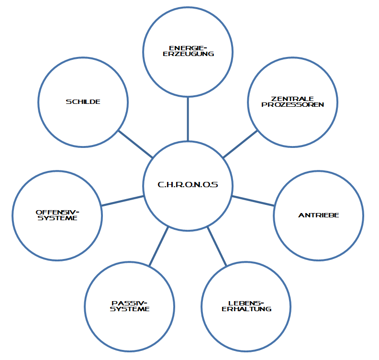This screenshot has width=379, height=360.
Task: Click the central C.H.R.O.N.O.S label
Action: tap(188, 184)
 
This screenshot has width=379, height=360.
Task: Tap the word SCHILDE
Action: tap(83, 101)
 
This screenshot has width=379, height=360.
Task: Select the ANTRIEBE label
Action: tap(318, 215)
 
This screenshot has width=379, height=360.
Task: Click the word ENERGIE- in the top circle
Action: tap(188, 48)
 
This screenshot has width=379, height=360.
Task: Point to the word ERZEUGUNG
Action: tap(188, 54)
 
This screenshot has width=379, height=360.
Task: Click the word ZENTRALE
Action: tap(293, 99)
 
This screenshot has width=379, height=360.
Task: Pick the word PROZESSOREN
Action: tap(293, 104)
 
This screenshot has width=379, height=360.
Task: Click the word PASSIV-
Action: tap(129, 303)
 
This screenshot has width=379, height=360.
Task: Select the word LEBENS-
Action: tap(246, 303)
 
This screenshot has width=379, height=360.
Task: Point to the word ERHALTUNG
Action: tap(246, 309)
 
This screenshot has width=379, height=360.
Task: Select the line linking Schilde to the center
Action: tap(135, 144)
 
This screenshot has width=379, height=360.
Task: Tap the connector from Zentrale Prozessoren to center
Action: tap(240, 144)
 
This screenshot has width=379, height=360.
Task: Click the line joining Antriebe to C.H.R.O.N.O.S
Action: tap(253, 201)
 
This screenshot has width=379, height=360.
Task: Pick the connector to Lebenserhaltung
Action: tap(216, 247)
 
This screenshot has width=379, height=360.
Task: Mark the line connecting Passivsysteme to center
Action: tap(159, 247)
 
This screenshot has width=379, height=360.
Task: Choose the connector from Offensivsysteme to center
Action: tap(123, 201)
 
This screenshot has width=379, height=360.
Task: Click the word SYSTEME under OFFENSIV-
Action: tap(57, 218)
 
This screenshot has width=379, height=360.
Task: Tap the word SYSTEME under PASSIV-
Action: tap(130, 309)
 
